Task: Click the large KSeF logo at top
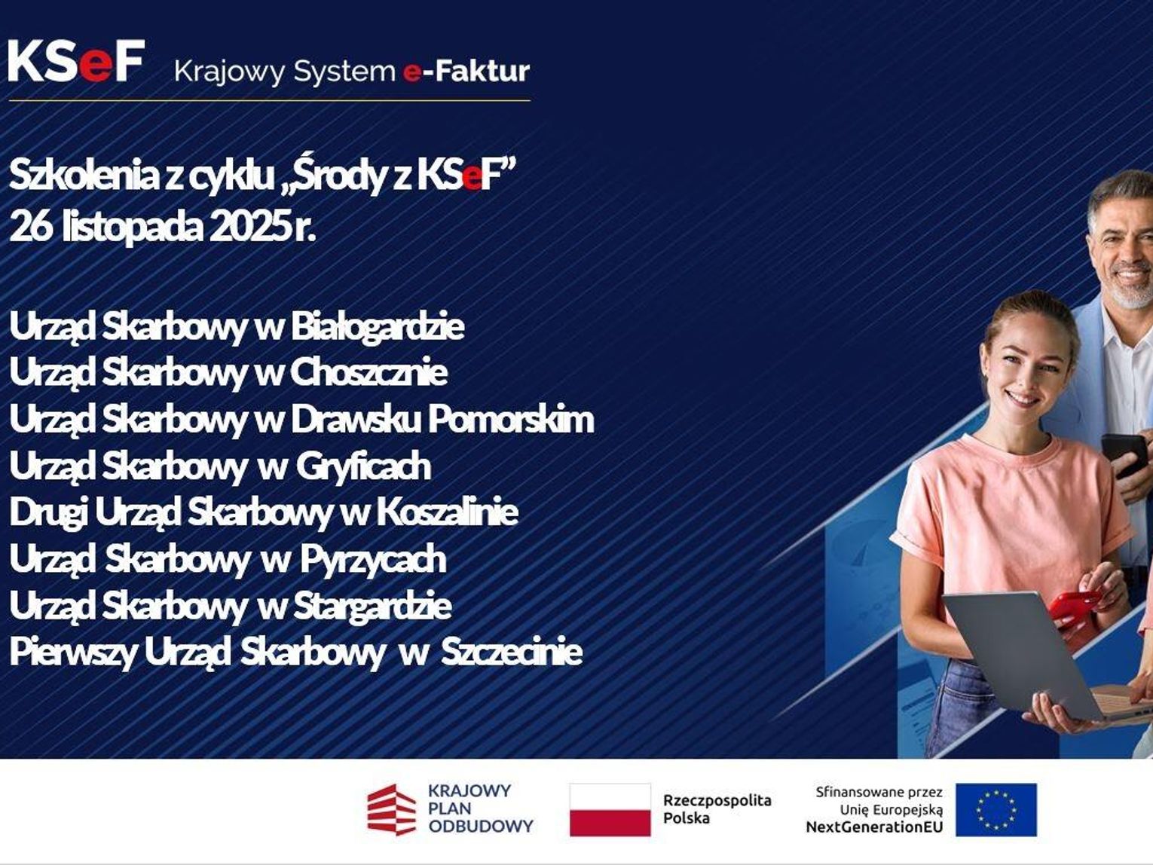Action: coord(77,61)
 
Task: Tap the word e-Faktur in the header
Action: coord(466,72)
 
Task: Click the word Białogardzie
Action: coord(378,327)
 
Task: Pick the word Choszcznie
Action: coord(369,372)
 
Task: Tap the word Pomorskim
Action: coord(511,420)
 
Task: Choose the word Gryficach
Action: coord(363,466)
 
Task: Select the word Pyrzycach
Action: coord(374,560)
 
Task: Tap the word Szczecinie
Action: coord(512,652)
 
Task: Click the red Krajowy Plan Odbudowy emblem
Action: coord(391,809)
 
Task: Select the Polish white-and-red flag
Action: coord(610,809)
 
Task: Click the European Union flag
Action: coord(996,809)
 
